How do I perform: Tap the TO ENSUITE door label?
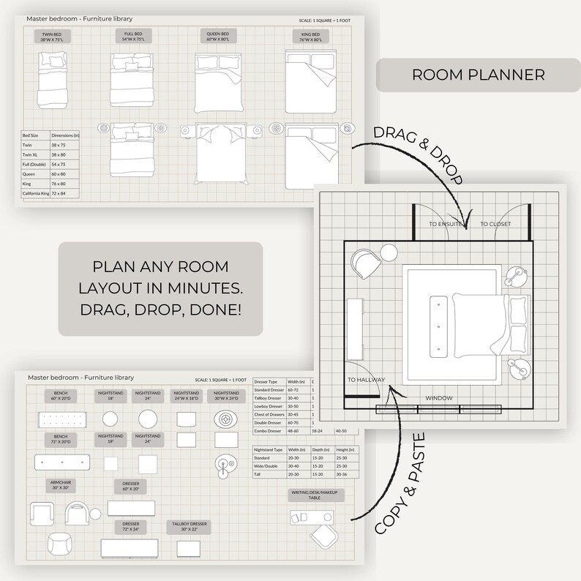pyautogui.click(x=445, y=224)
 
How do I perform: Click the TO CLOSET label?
pyautogui.click(x=495, y=224)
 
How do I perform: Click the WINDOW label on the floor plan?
pyautogui.click(x=440, y=398)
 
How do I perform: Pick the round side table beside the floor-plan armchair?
pyautogui.click(x=388, y=253)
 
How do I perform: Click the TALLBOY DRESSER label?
pyautogui.click(x=190, y=526)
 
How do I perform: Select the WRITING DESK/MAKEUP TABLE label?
pyautogui.click(x=315, y=495)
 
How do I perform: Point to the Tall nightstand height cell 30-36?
pyautogui.click(x=342, y=474)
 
